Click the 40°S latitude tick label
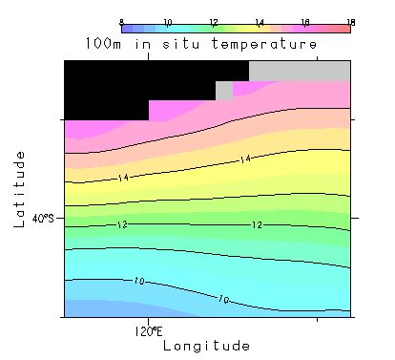click(43, 219)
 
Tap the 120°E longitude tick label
click(149, 331)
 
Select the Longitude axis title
click(206, 346)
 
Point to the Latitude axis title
click(19, 189)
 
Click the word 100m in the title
click(103, 43)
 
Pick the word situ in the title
click(181, 43)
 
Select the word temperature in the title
click(264, 44)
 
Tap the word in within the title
click(142, 43)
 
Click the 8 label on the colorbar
click(121, 22)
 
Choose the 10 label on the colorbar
click(168, 22)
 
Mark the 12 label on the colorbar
click(214, 22)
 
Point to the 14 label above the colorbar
click(260, 22)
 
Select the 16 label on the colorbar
click(305, 22)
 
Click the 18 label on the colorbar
click(351, 22)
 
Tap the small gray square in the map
click(224, 91)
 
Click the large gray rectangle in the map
click(300, 71)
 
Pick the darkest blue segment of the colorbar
click(127, 29)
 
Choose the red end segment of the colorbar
click(344, 29)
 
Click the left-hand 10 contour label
click(139, 281)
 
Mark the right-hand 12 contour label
click(257, 225)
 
